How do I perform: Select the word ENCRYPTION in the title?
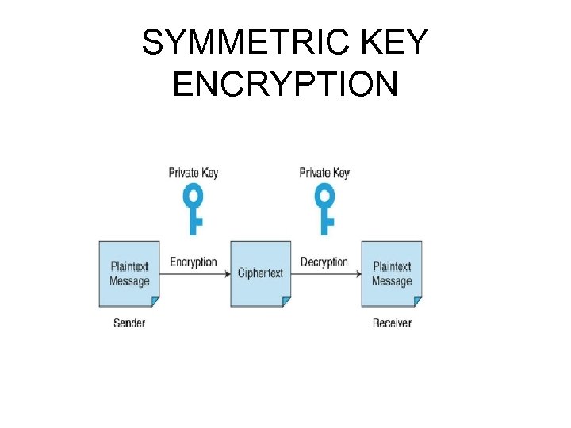pos(285,83)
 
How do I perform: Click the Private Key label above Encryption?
pos(193,172)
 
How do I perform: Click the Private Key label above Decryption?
pos(324,172)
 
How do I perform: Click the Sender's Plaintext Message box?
pos(129,273)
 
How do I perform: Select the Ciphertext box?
pos(260,273)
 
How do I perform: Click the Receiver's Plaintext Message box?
pos(392,273)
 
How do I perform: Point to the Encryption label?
pos(194,262)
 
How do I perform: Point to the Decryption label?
pos(324,262)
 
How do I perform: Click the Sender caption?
pos(129,323)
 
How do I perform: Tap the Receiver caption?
pos(392,323)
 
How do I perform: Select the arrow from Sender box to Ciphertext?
pos(194,273)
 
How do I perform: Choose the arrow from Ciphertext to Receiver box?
pos(325,273)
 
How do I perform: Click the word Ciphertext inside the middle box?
pos(260,273)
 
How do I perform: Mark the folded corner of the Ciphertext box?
pos(286,302)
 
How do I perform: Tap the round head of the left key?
pos(194,195)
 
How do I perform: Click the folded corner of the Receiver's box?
pos(417,302)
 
